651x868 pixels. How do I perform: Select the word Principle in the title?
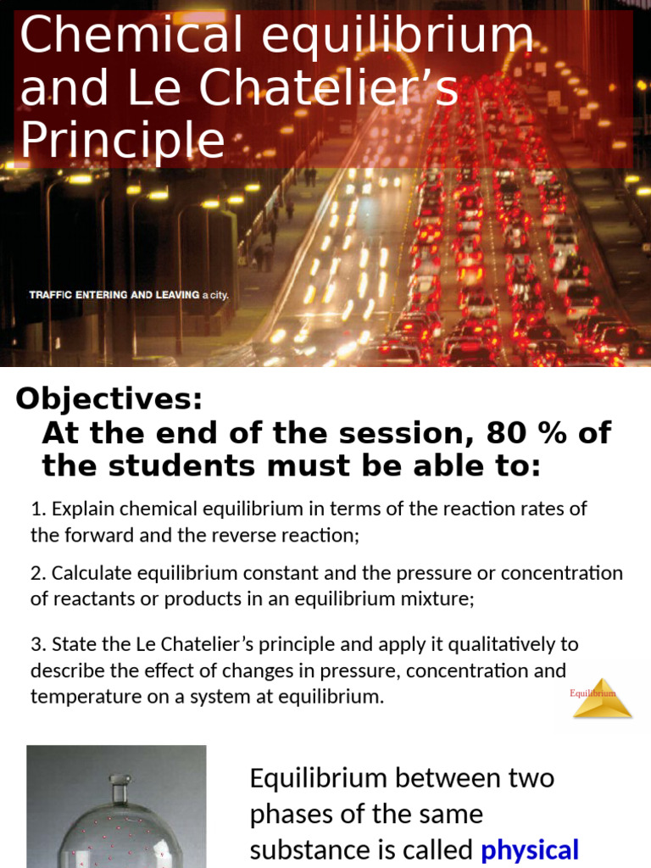click(x=122, y=141)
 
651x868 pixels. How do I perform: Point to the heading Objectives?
click(x=109, y=398)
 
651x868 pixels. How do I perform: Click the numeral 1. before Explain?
click(x=37, y=509)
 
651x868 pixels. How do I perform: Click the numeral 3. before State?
click(x=37, y=644)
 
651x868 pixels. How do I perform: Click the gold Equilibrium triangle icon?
click(x=602, y=698)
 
